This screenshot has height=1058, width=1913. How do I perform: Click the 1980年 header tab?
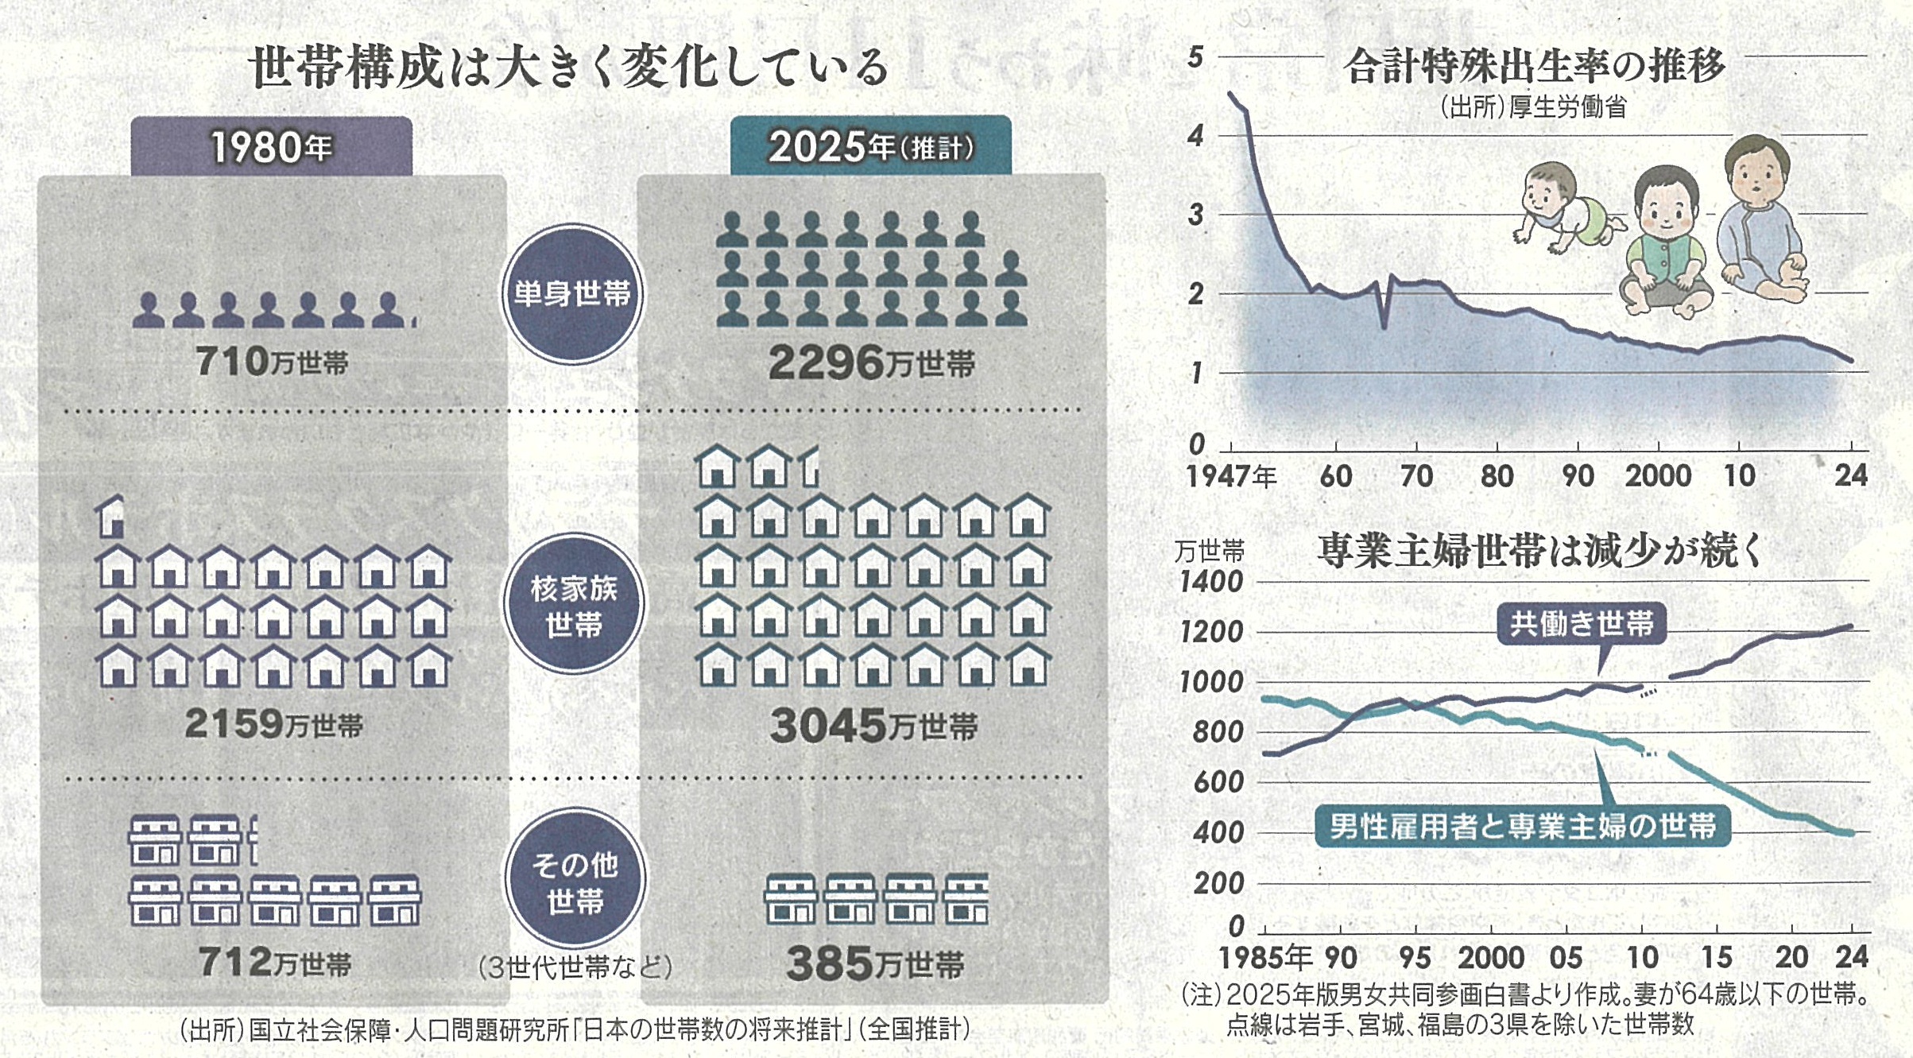pyautogui.click(x=271, y=147)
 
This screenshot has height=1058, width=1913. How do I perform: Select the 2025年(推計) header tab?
pyautogui.click(x=870, y=147)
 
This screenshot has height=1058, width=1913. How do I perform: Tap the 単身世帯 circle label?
pyautogui.click(x=571, y=294)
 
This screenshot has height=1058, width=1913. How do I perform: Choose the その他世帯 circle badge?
pyautogui.click(x=574, y=881)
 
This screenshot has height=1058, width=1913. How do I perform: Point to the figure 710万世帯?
pyautogui.click(x=271, y=362)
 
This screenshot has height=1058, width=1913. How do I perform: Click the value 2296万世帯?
pyautogui.click(x=871, y=364)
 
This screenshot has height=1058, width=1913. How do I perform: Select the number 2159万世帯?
pyautogui.click(x=273, y=724)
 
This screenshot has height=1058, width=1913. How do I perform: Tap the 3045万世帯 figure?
pyautogui.click(x=873, y=726)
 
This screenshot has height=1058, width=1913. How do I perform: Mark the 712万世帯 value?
pyautogui.click(x=274, y=963)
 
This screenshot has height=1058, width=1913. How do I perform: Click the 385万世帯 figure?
pyautogui.click(x=874, y=964)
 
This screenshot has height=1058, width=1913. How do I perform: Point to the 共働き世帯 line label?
pyautogui.click(x=1581, y=624)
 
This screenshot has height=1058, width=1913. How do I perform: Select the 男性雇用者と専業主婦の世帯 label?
pyautogui.click(x=1522, y=827)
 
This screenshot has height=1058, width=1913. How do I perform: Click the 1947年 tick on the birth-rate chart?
pyautogui.click(x=1231, y=476)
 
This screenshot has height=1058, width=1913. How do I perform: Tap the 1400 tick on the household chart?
pyautogui.click(x=1210, y=583)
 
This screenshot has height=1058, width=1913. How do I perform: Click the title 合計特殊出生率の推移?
pyautogui.click(x=1534, y=66)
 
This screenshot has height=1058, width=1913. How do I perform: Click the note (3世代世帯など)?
pyautogui.click(x=575, y=967)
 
